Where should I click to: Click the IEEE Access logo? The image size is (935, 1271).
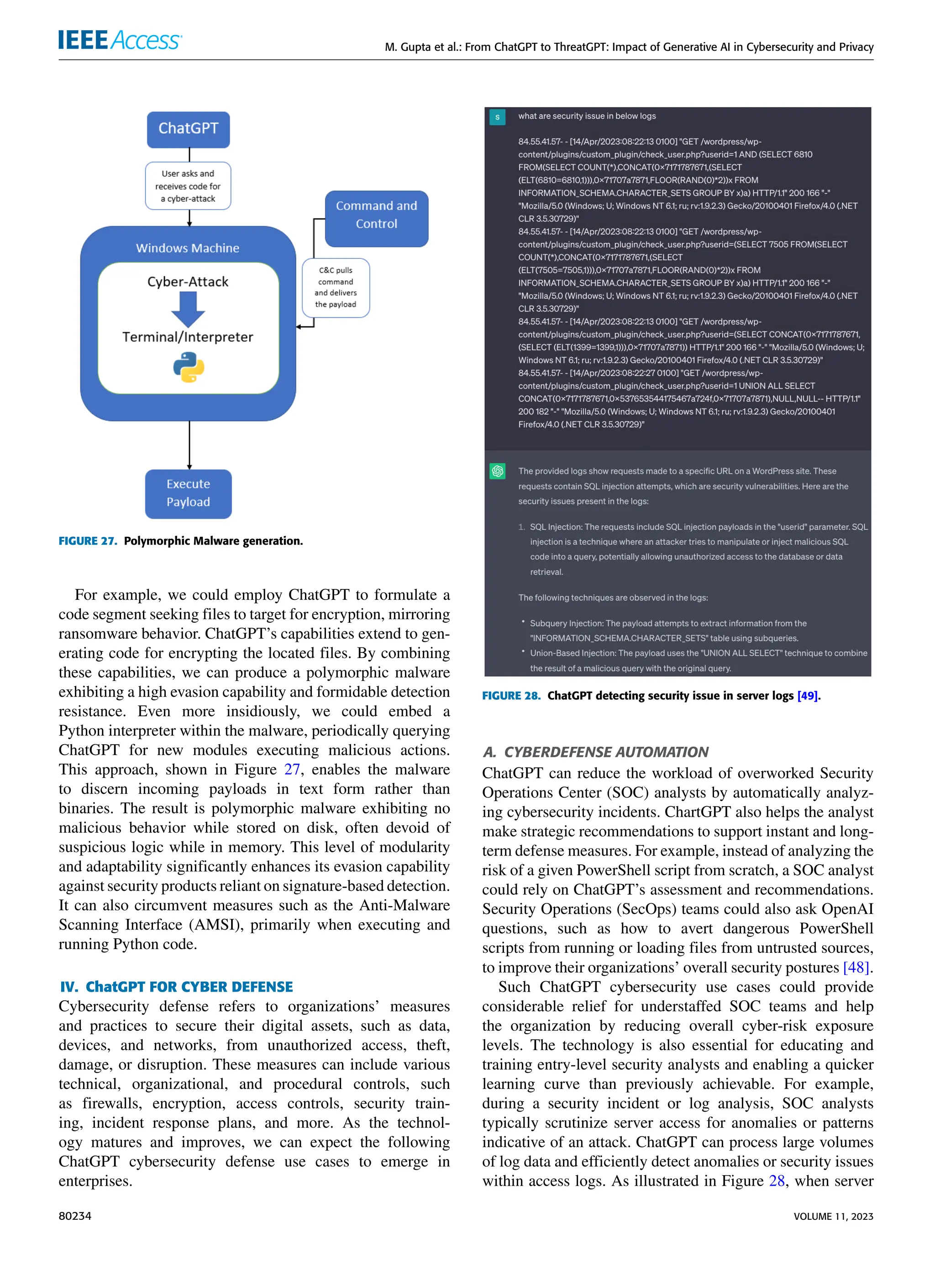coord(120,40)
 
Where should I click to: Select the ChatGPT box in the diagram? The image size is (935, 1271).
coord(189,129)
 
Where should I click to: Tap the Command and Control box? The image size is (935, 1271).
coord(376,215)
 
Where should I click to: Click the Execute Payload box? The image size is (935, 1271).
coord(189,493)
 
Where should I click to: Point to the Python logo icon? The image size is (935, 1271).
coord(189,367)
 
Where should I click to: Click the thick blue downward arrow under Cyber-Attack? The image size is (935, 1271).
coord(188,310)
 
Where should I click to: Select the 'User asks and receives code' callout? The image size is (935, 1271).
coord(188,186)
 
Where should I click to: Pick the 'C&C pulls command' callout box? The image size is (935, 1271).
coord(336,288)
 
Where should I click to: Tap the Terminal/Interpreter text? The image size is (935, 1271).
coord(188,337)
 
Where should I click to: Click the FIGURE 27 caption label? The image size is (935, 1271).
coord(88,541)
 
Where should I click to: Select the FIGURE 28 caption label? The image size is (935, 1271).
coord(511,695)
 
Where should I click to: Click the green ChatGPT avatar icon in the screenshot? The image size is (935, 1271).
coord(498,471)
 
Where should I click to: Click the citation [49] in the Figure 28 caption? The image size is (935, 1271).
coord(807,695)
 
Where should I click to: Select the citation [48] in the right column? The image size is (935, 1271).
coord(855,967)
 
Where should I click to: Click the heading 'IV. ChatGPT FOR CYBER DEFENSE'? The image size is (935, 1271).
coord(177,987)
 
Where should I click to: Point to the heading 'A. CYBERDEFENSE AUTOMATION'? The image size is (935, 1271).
coord(595,752)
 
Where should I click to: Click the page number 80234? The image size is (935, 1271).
coord(75,1216)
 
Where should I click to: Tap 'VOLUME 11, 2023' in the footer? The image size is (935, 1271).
coord(833,1216)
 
